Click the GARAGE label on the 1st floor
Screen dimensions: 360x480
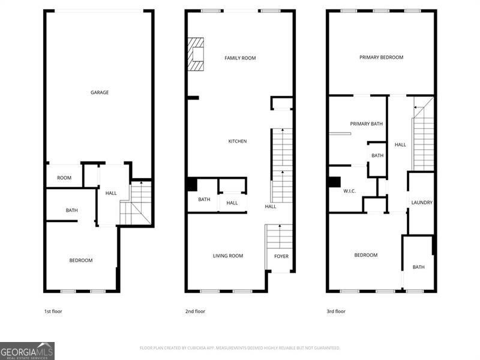point(100,92)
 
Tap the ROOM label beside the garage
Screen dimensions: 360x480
point(64,178)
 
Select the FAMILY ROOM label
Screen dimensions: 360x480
point(240,58)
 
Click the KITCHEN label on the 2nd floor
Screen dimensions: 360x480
point(238,142)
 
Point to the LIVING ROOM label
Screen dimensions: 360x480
point(228,256)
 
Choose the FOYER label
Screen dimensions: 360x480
point(281,256)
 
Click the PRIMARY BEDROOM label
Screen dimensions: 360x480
point(381,58)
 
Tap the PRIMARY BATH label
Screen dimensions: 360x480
point(366,124)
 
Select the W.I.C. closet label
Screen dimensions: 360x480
point(350,191)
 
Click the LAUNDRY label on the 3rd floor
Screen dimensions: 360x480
point(421,203)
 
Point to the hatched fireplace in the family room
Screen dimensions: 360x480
point(196,55)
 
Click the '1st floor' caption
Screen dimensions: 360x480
point(53,311)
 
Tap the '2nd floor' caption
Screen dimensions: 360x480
point(195,311)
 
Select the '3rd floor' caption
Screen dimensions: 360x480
point(336,311)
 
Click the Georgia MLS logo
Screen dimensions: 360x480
point(28,350)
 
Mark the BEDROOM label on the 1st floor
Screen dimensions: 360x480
point(81,260)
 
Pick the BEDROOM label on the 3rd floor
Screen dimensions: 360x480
point(366,255)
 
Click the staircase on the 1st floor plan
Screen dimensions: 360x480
point(138,204)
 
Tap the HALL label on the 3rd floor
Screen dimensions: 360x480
point(400,145)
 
